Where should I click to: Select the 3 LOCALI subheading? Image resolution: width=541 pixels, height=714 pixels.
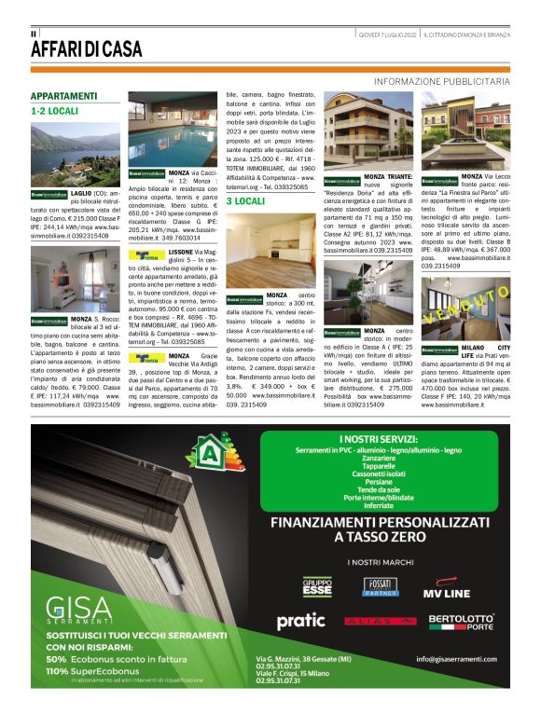(x=245, y=200)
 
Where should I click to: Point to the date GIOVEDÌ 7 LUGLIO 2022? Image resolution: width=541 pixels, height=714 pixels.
(x=387, y=34)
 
